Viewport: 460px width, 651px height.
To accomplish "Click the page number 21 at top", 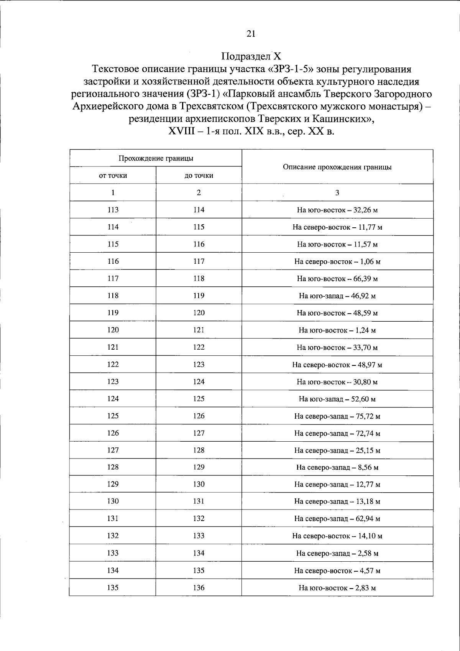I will point(251,34).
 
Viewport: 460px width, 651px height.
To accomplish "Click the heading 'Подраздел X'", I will point(251,56).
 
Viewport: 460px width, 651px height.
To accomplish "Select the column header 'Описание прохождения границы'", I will point(337,167).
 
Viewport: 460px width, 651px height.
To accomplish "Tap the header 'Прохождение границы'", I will point(156,158).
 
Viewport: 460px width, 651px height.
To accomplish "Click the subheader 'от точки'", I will point(113,176).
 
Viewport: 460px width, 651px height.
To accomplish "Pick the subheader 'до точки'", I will point(199,176).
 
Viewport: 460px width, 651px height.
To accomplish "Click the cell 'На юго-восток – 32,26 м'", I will point(337,210).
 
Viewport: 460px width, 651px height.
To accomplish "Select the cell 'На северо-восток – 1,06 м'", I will point(337,261).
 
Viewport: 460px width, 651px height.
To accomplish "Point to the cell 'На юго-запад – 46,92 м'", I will point(337,296).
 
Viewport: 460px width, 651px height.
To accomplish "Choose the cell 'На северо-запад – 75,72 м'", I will point(337,416).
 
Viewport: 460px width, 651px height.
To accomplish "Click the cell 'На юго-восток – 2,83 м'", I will point(337,588).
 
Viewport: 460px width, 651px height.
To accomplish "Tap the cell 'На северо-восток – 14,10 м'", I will point(337,536).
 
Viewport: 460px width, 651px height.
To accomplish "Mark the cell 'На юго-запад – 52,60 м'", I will point(337,399).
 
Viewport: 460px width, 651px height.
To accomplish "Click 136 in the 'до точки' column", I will point(199,587).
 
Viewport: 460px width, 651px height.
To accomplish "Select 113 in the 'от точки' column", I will point(113,210).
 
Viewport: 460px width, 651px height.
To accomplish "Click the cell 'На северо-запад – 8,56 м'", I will point(337,467).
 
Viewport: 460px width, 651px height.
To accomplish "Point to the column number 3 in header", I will point(337,193).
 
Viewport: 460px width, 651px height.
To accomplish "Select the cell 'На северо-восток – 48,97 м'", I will point(337,365).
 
